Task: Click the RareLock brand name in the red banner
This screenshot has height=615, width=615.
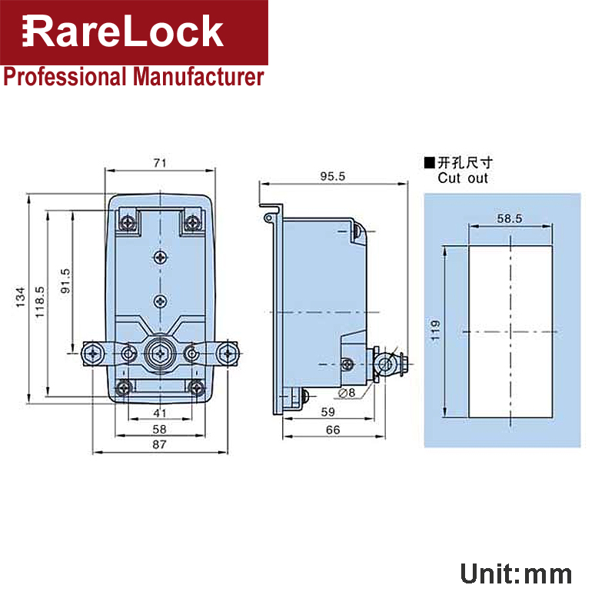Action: [123, 32]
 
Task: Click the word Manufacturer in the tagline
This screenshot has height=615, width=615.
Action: [198, 76]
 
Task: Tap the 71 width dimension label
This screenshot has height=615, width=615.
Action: [160, 163]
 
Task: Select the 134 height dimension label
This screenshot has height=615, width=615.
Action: [21, 297]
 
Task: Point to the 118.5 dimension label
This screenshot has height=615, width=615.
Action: [40, 302]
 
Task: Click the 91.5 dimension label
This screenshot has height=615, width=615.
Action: [65, 281]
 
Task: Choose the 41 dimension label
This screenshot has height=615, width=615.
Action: [160, 413]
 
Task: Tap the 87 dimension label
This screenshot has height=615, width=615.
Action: [159, 444]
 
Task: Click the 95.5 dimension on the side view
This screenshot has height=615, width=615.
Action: [333, 176]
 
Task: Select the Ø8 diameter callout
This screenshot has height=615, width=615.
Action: [347, 392]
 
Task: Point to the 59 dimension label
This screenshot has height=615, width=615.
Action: [328, 412]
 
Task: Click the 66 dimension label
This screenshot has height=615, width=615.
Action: [333, 430]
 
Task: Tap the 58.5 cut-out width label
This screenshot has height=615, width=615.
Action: [510, 218]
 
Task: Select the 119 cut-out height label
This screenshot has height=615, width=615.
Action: [435, 330]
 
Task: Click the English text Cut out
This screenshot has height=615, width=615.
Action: [463, 178]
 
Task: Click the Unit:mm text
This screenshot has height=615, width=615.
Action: [516, 573]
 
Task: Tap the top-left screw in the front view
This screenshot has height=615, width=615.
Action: [127, 223]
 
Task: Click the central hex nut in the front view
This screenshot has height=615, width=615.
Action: [160, 354]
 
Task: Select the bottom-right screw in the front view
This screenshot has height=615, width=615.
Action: [196, 388]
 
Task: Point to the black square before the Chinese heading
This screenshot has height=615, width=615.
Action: [430, 162]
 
